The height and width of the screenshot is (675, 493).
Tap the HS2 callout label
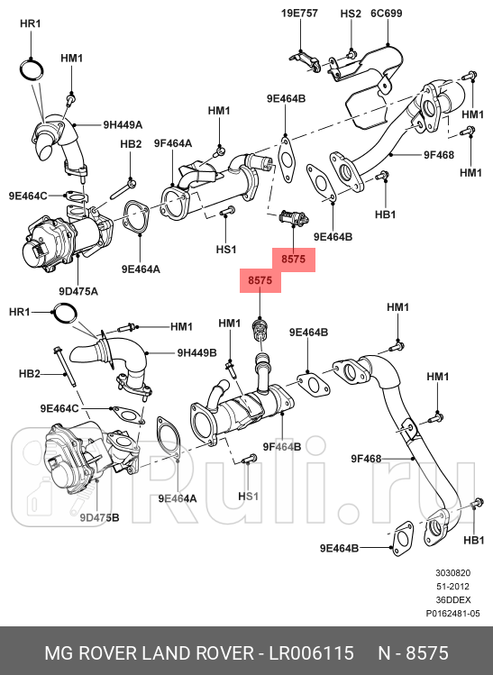(350, 14)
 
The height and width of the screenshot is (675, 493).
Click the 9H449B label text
(197, 352)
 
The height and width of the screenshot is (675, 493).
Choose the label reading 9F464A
(172, 143)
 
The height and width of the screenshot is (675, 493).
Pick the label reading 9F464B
(281, 446)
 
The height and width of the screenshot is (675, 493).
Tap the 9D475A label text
(78, 291)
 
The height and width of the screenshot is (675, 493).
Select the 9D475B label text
(99, 517)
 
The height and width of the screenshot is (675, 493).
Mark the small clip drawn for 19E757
(306, 60)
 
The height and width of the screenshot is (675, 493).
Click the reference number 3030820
(453, 573)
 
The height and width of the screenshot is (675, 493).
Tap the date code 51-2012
(453, 587)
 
